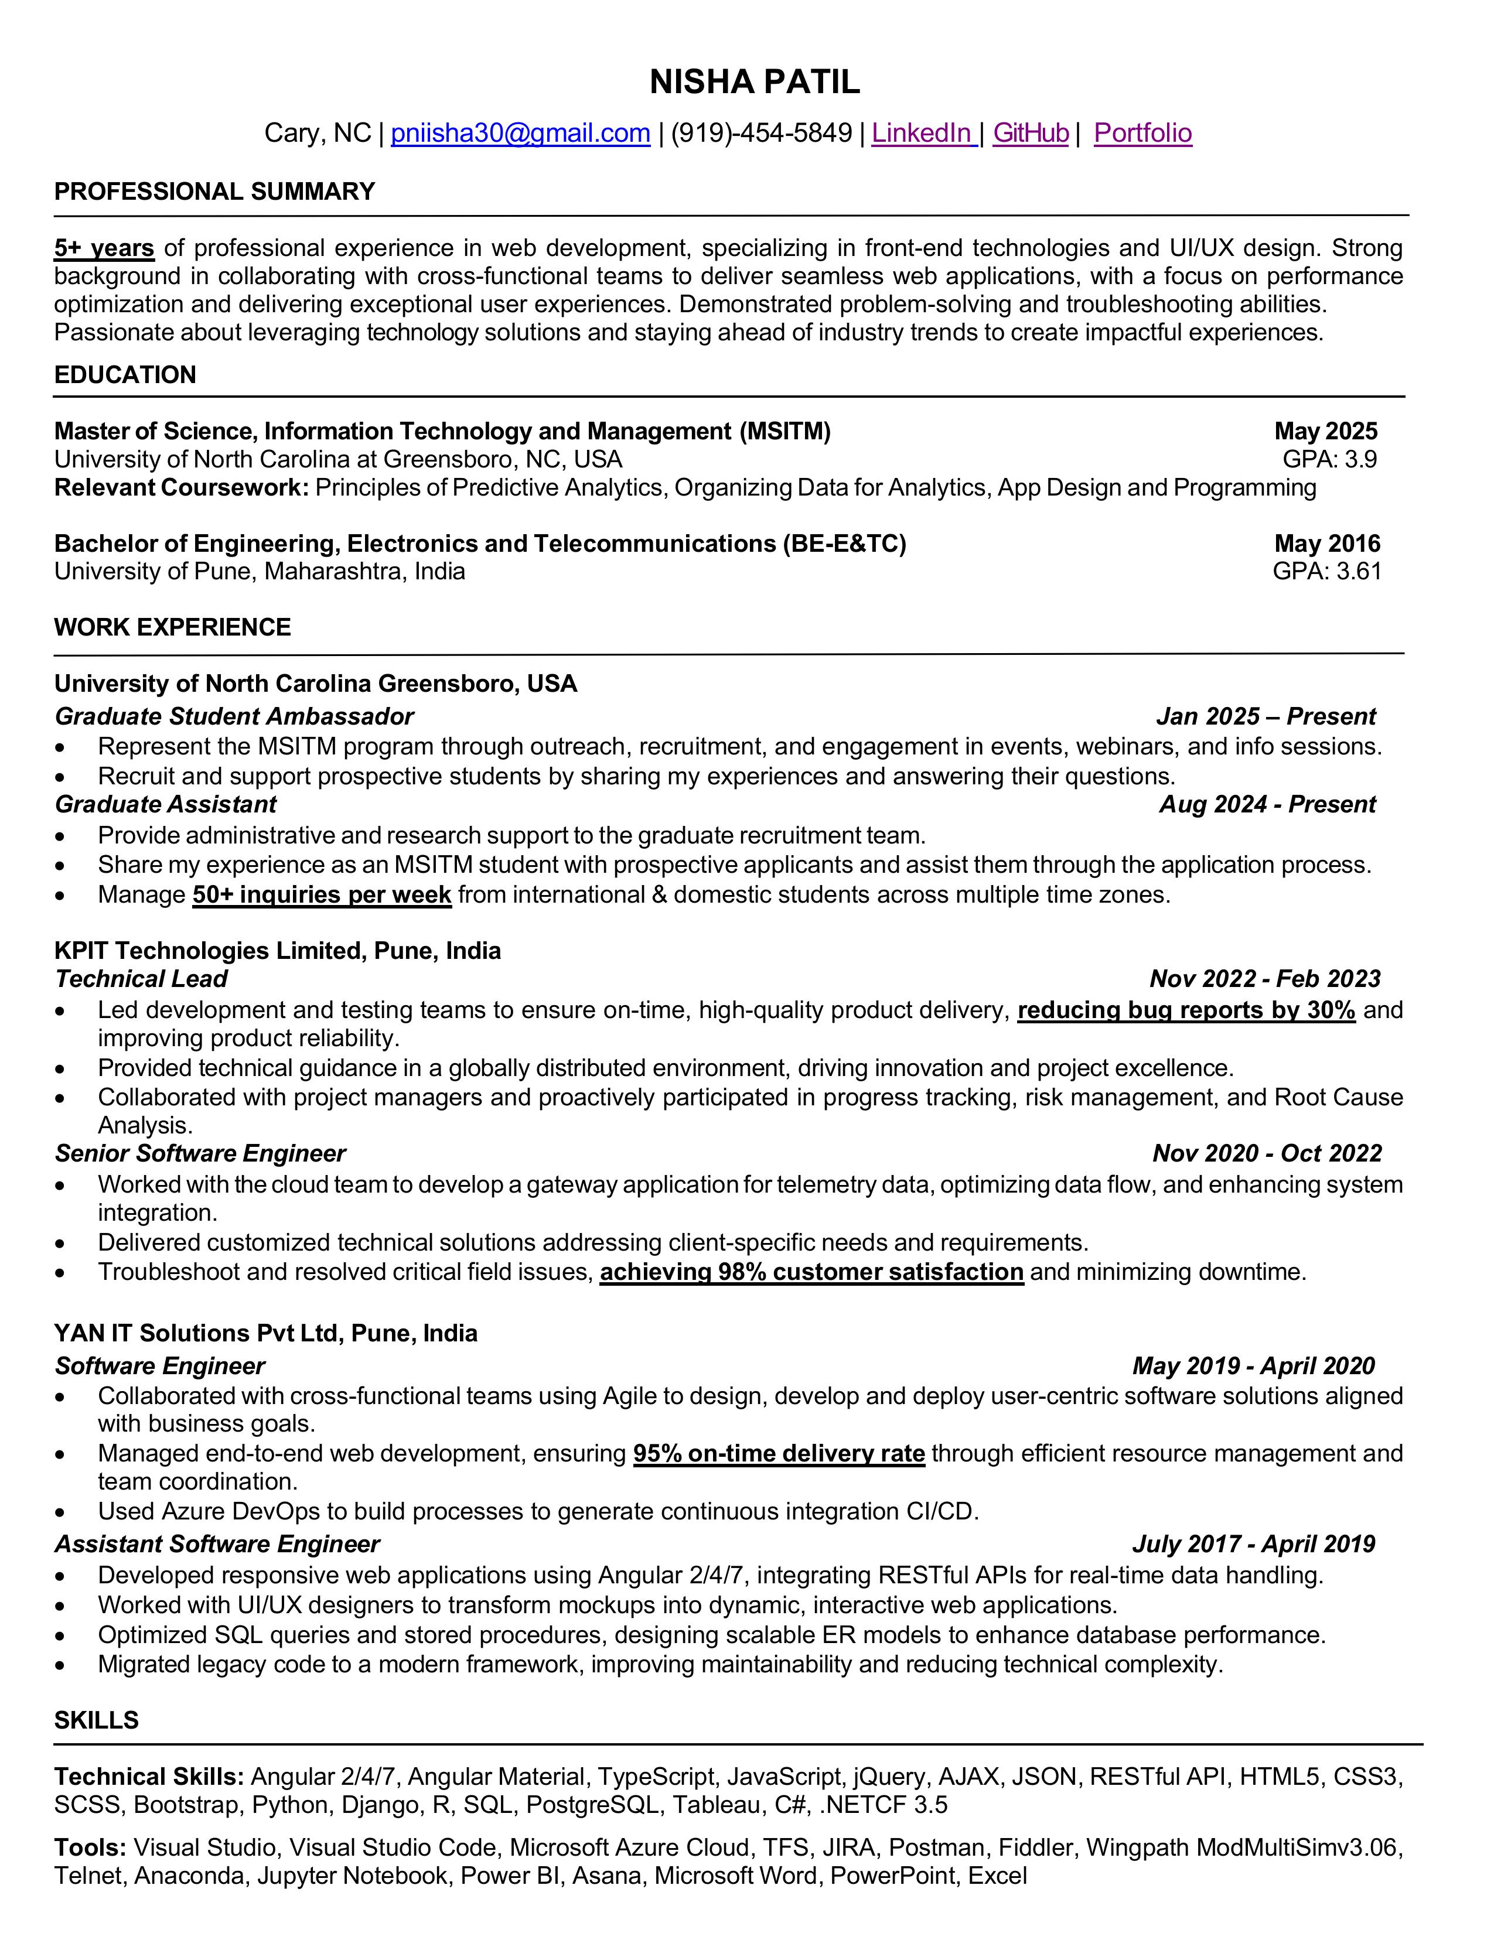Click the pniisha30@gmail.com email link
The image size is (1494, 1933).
(520, 133)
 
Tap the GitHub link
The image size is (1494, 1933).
(1030, 133)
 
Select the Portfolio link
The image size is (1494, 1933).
(1142, 133)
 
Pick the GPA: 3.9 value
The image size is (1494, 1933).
(1329, 459)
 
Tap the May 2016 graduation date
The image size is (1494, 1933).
(1326, 544)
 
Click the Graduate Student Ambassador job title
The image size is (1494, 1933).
(234, 716)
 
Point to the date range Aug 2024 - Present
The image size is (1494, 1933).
(1267, 804)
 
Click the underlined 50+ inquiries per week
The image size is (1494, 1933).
(322, 895)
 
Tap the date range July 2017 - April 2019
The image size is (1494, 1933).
(1253, 1545)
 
